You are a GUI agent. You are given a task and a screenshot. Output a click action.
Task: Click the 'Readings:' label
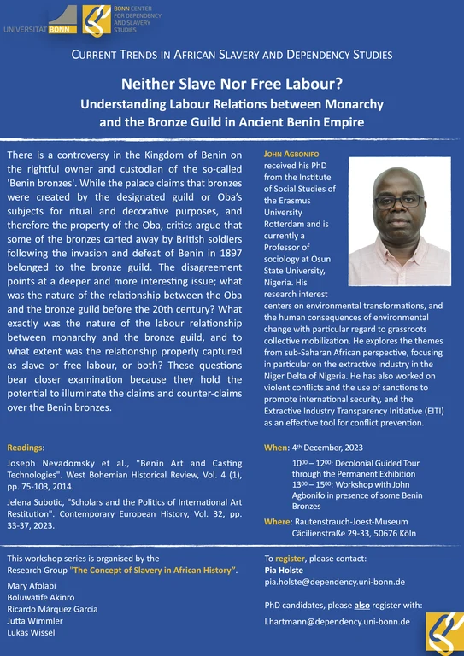26,447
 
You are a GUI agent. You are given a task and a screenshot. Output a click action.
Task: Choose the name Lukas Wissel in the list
32,633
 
